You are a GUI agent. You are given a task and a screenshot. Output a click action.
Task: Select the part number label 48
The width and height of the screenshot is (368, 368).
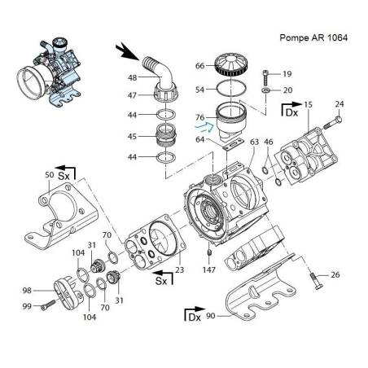tap(131, 78)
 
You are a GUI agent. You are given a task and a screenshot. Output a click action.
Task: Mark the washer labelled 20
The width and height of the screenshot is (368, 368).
tap(266, 90)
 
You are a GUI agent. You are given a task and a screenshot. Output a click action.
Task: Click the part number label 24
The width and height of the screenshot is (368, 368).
tap(340, 103)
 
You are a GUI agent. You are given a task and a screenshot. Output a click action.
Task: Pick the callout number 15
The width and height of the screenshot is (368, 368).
tap(307, 105)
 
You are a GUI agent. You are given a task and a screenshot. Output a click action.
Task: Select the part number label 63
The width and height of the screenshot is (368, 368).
tap(254, 142)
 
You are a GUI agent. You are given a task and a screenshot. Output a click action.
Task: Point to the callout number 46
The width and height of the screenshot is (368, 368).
tap(268, 142)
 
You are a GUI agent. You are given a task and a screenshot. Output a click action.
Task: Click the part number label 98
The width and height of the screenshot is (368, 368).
tap(27, 290)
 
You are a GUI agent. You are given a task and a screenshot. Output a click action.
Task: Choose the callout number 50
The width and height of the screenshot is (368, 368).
tap(49, 175)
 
